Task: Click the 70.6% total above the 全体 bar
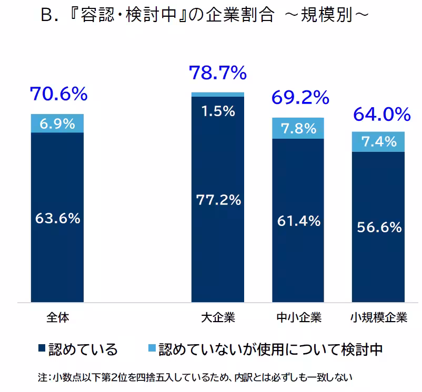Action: pyautogui.click(x=58, y=95)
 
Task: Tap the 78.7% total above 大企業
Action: pyautogui.click(x=218, y=73)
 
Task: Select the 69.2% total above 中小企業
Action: pyautogui.click(x=300, y=97)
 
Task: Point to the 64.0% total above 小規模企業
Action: pyautogui.click(x=381, y=114)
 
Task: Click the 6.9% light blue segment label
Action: pyautogui.click(x=57, y=124)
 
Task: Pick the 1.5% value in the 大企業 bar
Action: pyautogui.click(x=218, y=111)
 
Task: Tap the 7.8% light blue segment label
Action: pyautogui.click(x=298, y=128)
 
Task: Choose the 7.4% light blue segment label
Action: pyautogui.click(x=378, y=141)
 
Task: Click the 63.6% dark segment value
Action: pyautogui.click(x=57, y=219)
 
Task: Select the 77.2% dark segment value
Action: pyautogui.click(x=218, y=200)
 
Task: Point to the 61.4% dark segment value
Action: pyautogui.click(x=299, y=221)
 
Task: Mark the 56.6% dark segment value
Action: pyautogui.click(x=379, y=227)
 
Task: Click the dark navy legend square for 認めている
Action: pyautogui.click(x=42, y=349)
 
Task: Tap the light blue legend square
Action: pyautogui.click(x=152, y=349)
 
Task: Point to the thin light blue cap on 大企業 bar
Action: pyautogui.click(x=218, y=94)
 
